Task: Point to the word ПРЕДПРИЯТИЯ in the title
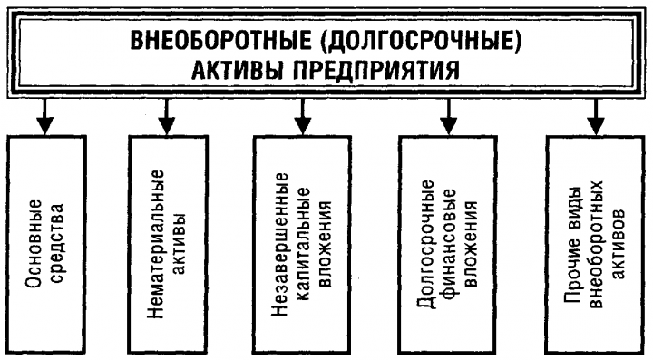tap(391, 69)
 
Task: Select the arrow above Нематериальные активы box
tap(165, 116)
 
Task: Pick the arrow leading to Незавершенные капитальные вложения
tap(305, 116)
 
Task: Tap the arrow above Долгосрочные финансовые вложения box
tap(447, 116)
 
